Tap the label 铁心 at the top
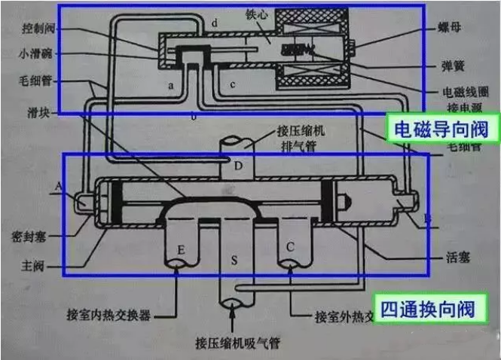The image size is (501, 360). [x=256, y=14]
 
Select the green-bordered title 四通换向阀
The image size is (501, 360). [x=427, y=308]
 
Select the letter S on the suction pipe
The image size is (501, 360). [x=234, y=261]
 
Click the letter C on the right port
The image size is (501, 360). [x=289, y=247]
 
